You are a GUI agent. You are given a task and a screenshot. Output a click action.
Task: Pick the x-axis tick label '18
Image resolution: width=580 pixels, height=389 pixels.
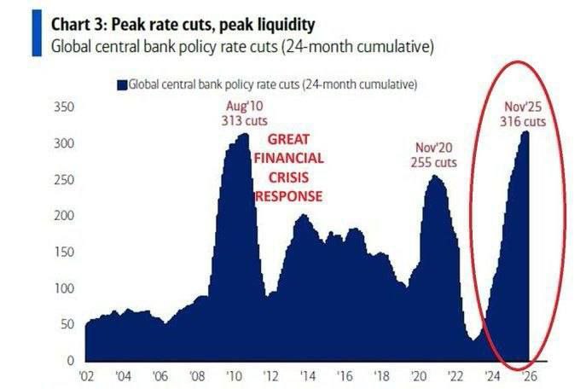pos(380,375)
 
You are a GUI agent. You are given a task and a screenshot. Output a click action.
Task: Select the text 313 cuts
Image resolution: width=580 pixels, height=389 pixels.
pos(245,120)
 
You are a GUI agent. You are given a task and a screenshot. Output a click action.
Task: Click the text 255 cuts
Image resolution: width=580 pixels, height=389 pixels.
pos(432,161)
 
